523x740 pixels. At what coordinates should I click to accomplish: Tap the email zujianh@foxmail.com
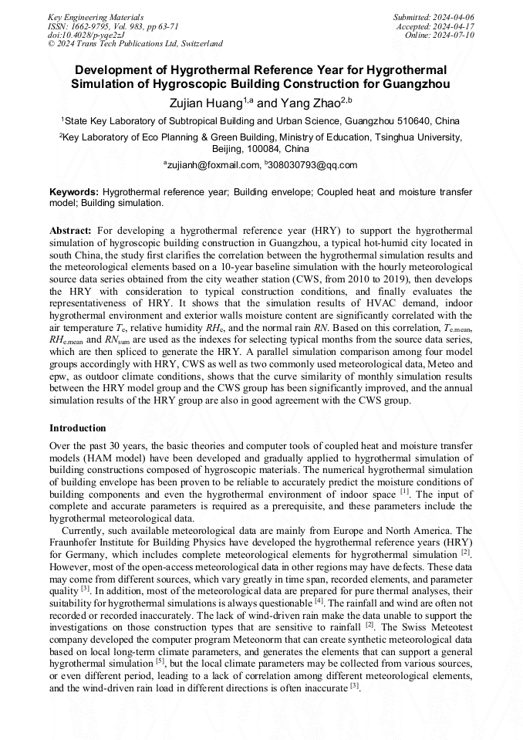tap(214, 164)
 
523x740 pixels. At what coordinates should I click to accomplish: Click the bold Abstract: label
tap(71, 230)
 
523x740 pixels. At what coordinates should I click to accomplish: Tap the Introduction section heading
tap(78, 427)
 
